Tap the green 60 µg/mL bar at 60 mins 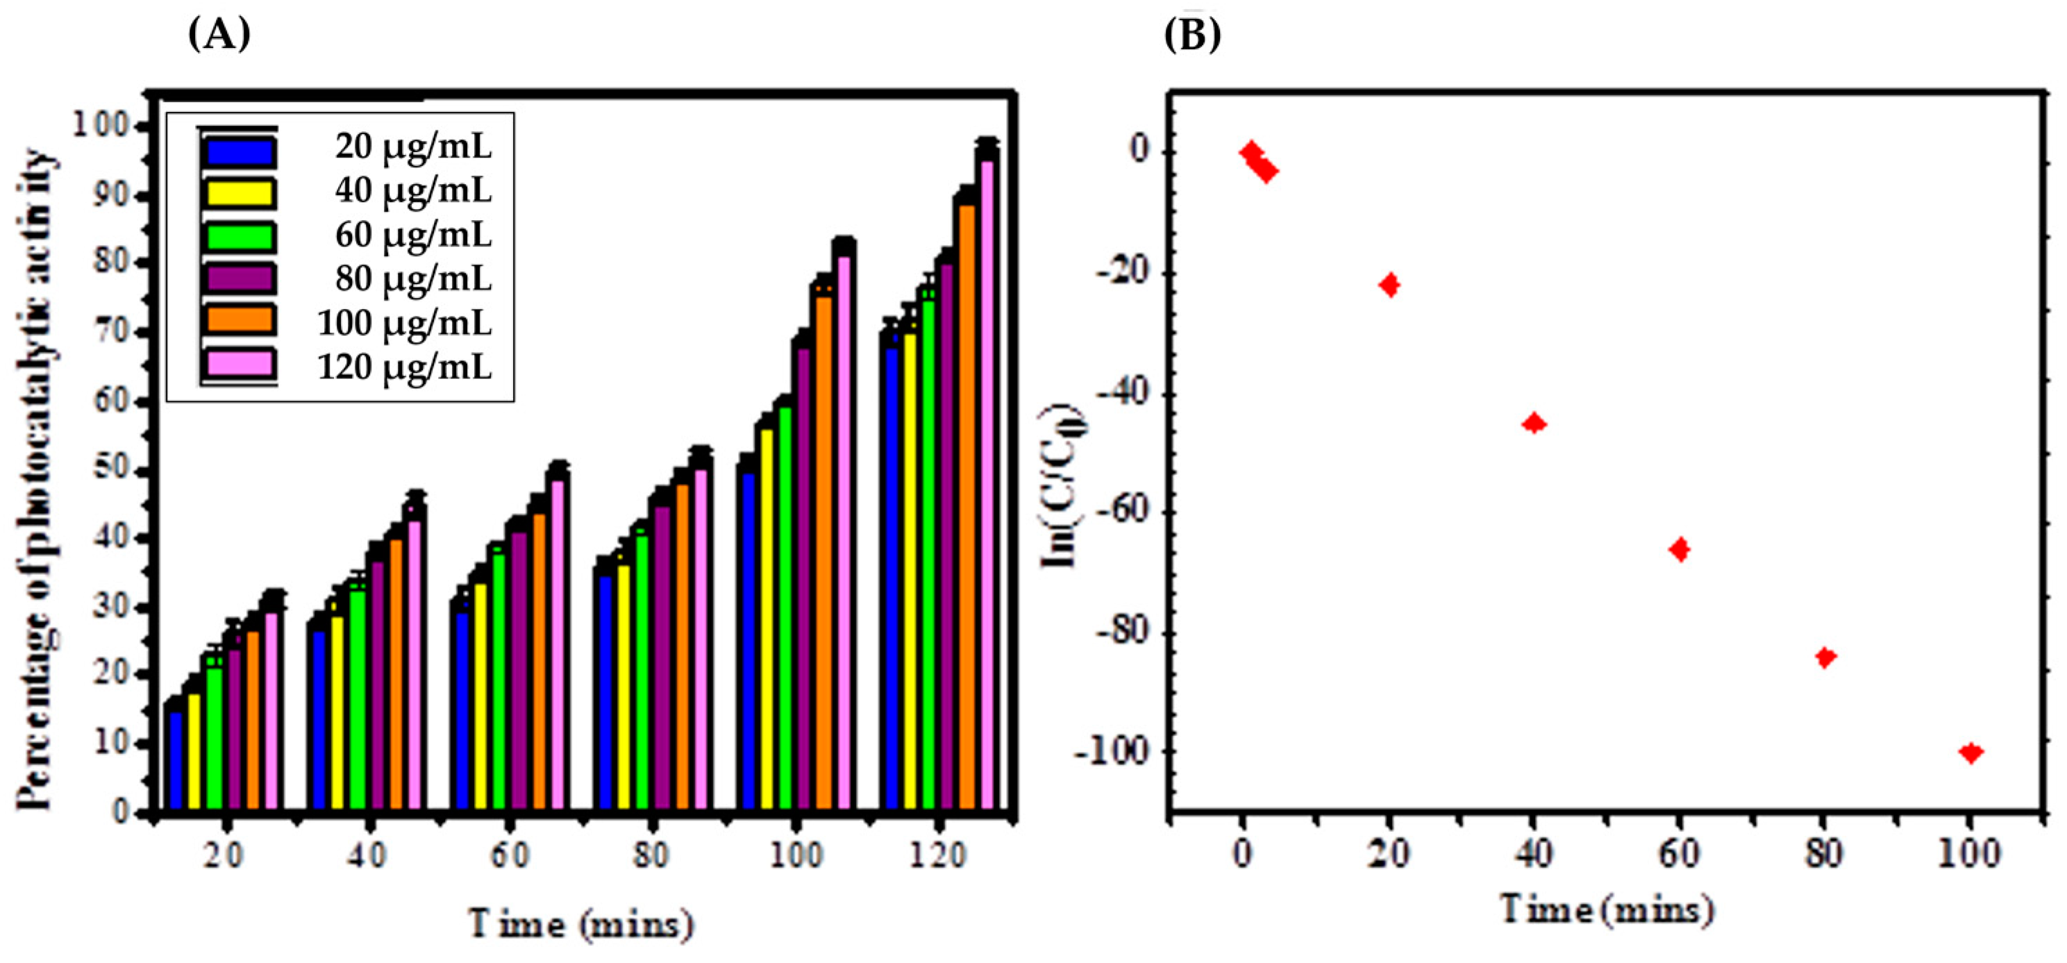coord(499,682)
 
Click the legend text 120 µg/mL coord(404,367)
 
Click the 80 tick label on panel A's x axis coord(650,855)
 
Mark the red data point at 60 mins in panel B coord(1679,550)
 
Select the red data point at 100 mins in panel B coord(1970,753)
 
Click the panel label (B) coord(1192,35)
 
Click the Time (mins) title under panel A coord(581,925)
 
